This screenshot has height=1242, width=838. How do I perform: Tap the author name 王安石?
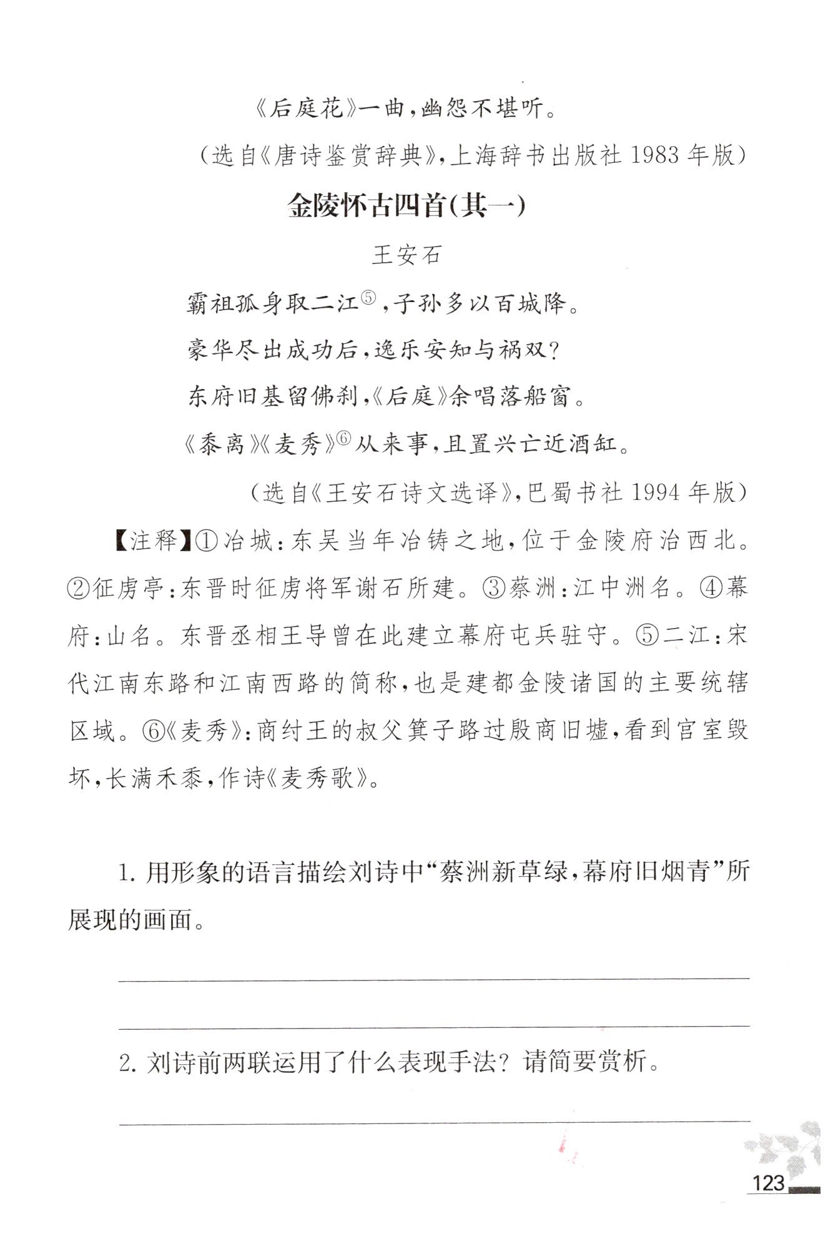[x=407, y=255]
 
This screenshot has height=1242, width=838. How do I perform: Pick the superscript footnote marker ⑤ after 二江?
[x=368, y=299]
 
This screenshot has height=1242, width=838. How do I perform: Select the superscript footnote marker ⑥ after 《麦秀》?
[x=345, y=438]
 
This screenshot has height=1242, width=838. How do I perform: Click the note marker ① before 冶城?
[x=207, y=541]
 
